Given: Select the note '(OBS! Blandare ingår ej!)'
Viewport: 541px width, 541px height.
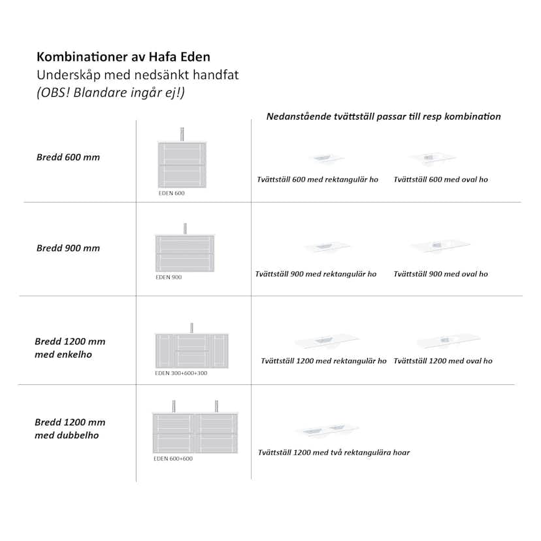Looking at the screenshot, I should (110, 92).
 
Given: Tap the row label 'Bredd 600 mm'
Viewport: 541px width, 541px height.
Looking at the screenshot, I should (68, 157).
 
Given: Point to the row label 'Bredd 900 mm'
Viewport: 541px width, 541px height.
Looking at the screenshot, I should (68, 248).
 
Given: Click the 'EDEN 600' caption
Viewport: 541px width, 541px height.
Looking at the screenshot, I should (171, 193).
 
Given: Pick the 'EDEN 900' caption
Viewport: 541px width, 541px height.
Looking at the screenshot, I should (169, 277).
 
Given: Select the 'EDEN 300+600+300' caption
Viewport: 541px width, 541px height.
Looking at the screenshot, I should (181, 373).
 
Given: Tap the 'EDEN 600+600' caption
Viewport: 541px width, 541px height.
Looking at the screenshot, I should (173, 459).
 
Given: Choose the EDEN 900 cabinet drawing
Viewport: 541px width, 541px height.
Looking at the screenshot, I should (185, 252).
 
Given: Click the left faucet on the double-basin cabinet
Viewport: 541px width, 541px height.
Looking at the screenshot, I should (173, 406).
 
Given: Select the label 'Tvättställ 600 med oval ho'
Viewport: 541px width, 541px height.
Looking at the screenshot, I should (440, 180).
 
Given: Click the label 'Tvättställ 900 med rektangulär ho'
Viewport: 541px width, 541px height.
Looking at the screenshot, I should (316, 274).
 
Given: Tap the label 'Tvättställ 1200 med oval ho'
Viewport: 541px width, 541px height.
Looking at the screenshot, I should (443, 361).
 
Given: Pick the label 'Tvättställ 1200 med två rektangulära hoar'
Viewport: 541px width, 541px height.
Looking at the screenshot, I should (334, 452).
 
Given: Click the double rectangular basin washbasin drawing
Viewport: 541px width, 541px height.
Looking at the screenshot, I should (327, 431).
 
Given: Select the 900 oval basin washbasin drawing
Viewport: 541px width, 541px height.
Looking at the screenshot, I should (440, 246).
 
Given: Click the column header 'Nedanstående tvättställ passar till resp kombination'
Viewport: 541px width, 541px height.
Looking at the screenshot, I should (384, 116).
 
